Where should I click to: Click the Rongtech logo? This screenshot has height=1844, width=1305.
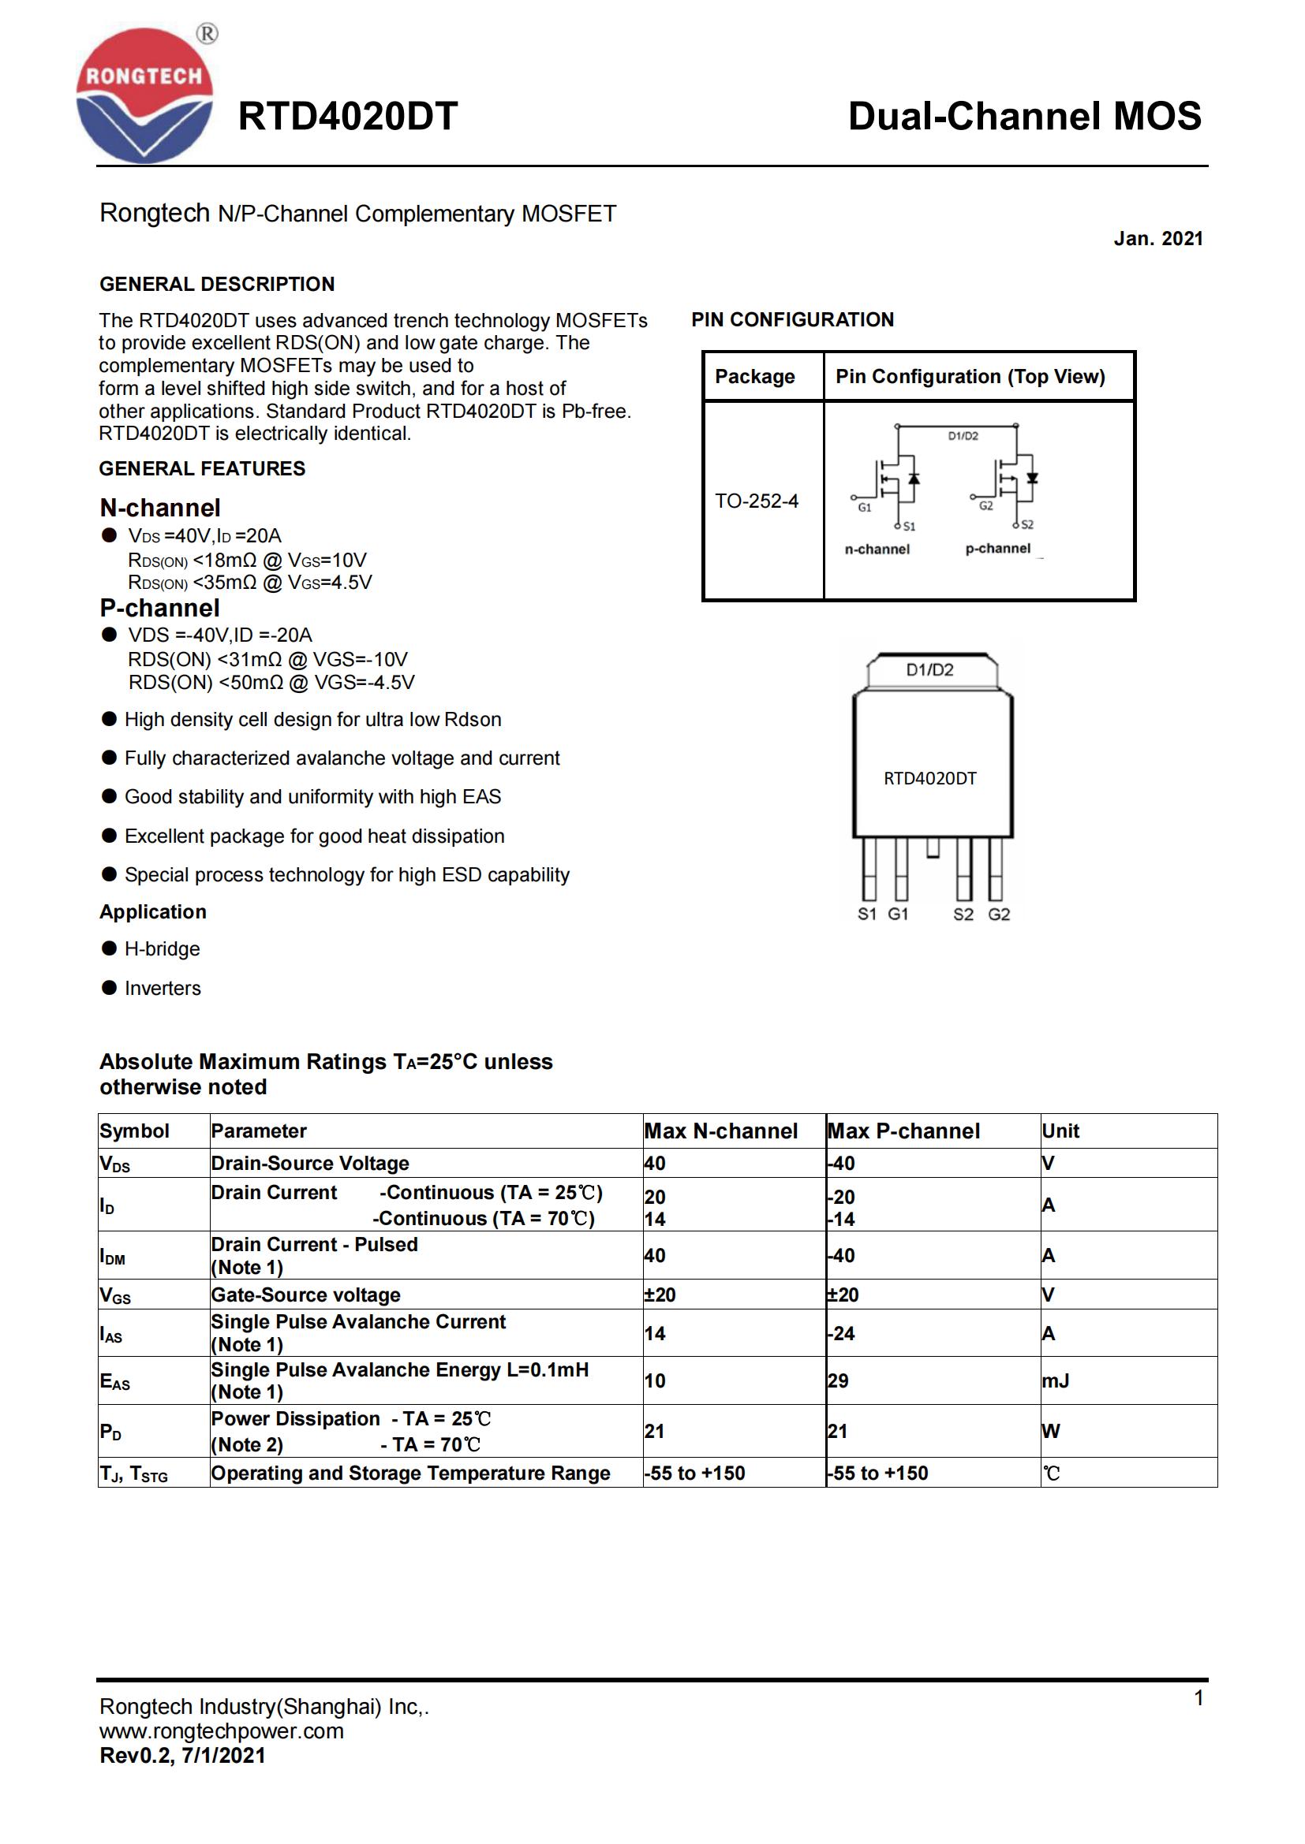pos(144,95)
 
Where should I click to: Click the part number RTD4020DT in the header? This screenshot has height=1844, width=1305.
pos(347,117)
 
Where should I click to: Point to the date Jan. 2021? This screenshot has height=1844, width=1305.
pos(1157,239)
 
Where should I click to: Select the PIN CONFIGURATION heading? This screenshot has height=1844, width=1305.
pos(792,319)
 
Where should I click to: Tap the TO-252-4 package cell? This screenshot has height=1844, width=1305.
pos(756,501)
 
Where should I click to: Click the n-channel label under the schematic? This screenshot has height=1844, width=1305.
pos(877,549)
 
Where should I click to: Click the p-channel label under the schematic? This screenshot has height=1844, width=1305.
pos(997,549)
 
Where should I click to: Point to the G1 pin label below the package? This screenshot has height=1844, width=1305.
pos(898,914)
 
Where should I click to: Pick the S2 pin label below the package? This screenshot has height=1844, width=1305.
pos(963,914)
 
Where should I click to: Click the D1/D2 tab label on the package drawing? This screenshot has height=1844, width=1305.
pos(929,670)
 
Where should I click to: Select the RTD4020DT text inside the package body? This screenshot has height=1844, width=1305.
pos(929,778)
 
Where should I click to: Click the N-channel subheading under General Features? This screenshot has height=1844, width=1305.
pos(160,508)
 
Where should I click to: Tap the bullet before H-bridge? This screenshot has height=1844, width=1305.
pos(110,948)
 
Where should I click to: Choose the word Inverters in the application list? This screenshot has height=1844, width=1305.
pos(163,988)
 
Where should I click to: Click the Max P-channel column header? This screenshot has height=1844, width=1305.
pos(903,1131)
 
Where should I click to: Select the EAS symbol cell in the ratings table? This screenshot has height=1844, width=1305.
pos(115,1381)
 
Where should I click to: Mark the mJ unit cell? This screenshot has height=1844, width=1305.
pos(1055,1380)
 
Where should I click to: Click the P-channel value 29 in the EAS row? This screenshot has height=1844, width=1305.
pos(838,1380)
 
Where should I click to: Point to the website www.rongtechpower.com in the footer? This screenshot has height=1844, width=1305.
pos(221,1730)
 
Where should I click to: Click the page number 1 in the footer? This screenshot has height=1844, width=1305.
pos(1198,1698)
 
